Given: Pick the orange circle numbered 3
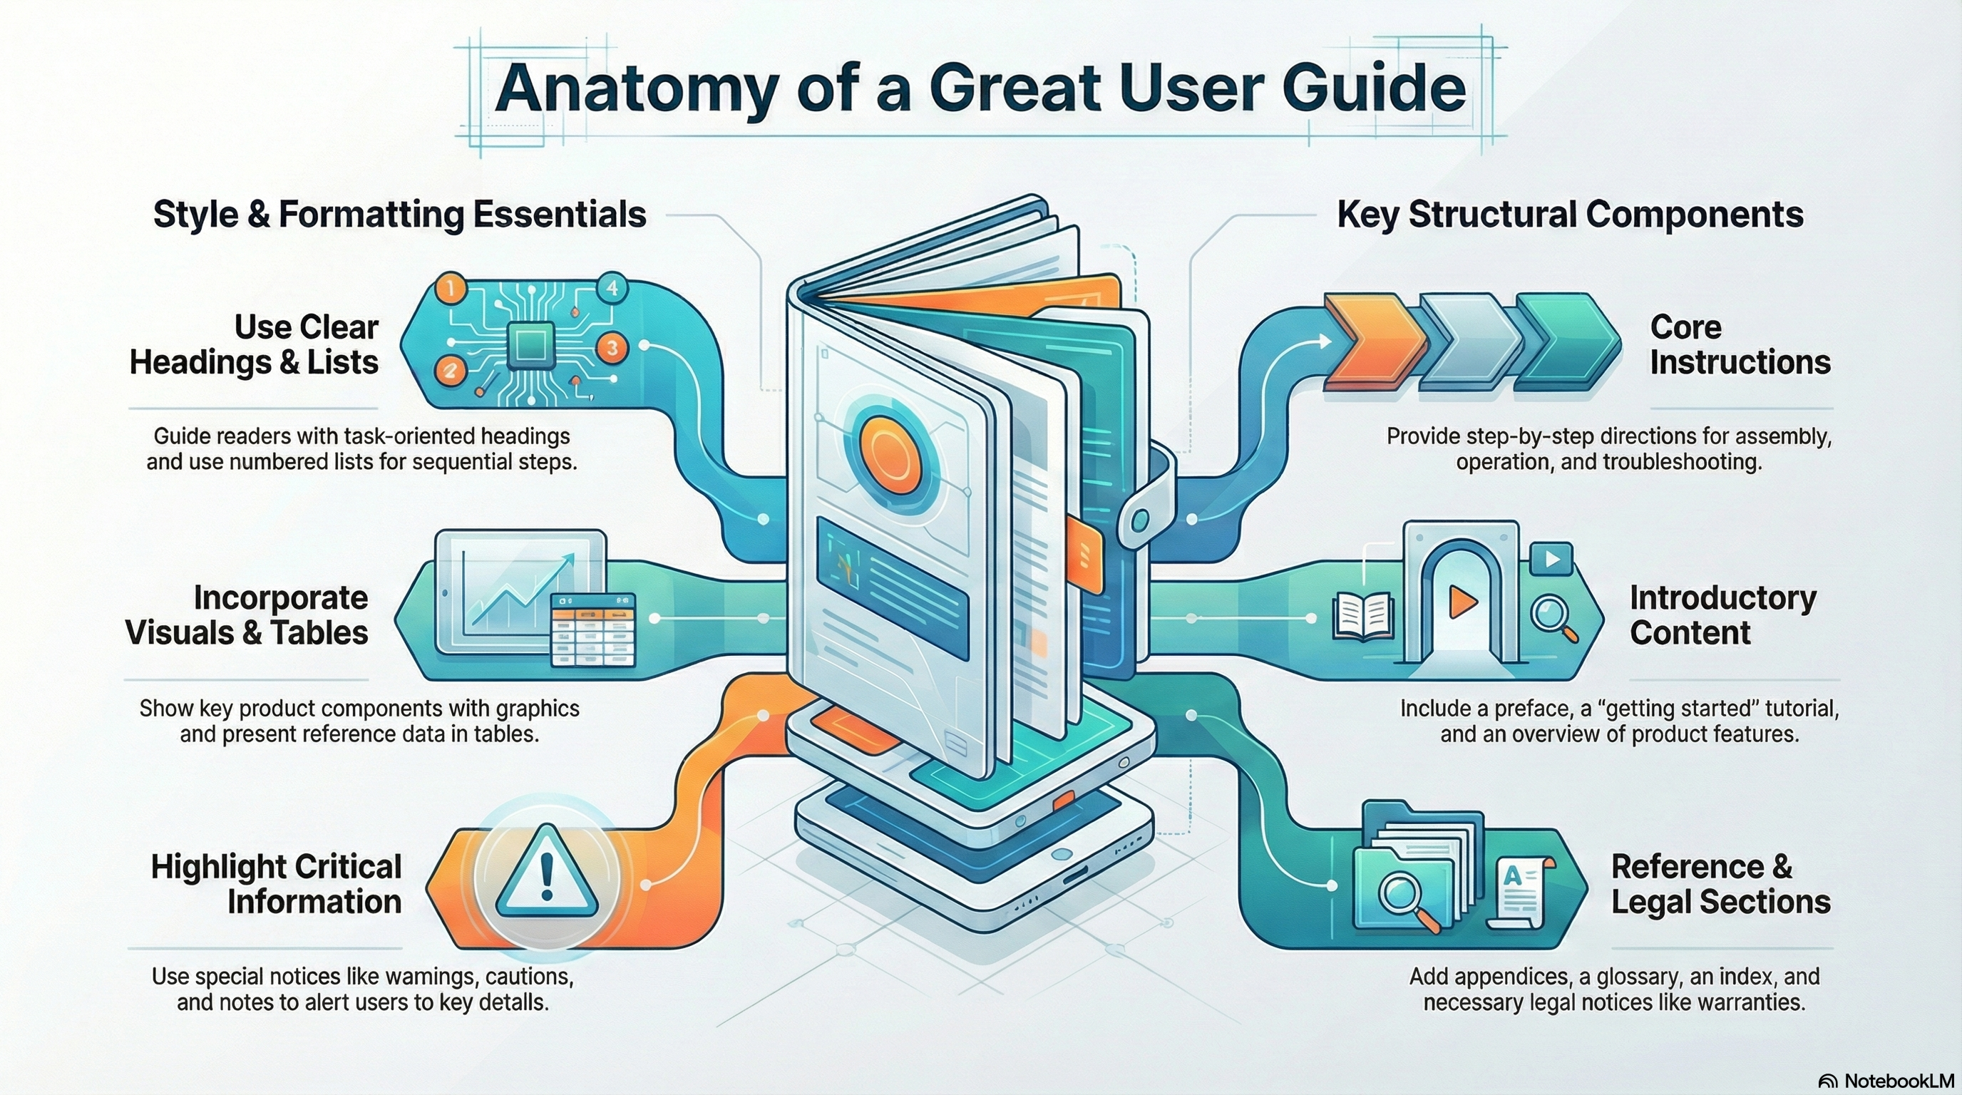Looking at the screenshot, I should (612, 349).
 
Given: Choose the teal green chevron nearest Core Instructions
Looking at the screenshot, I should (1568, 341).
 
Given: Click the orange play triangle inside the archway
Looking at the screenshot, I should (1462, 602).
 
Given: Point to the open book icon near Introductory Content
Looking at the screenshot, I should (1362, 616).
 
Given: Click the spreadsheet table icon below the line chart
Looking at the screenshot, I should (592, 630).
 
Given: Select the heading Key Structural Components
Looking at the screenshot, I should (1570, 215).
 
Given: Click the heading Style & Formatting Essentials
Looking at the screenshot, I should (399, 215).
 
